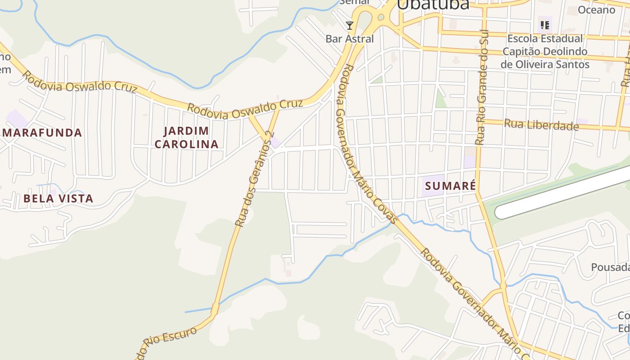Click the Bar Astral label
(350, 39)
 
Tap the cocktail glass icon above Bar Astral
(350, 25)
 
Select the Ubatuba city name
(433, 4)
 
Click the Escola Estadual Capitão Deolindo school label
(545, 51)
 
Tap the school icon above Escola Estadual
(545, 25)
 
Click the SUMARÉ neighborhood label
(450, 185)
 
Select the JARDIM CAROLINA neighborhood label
(191, 138)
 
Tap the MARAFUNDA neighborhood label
(42, 133)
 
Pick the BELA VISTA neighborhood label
(58, 198)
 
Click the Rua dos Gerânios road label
(253, 179)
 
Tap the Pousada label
(610, 267)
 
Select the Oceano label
(596, 9)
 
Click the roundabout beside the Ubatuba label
(381, 17)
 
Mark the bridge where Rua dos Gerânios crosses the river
(215, 309)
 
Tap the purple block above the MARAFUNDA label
(17, 118)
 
